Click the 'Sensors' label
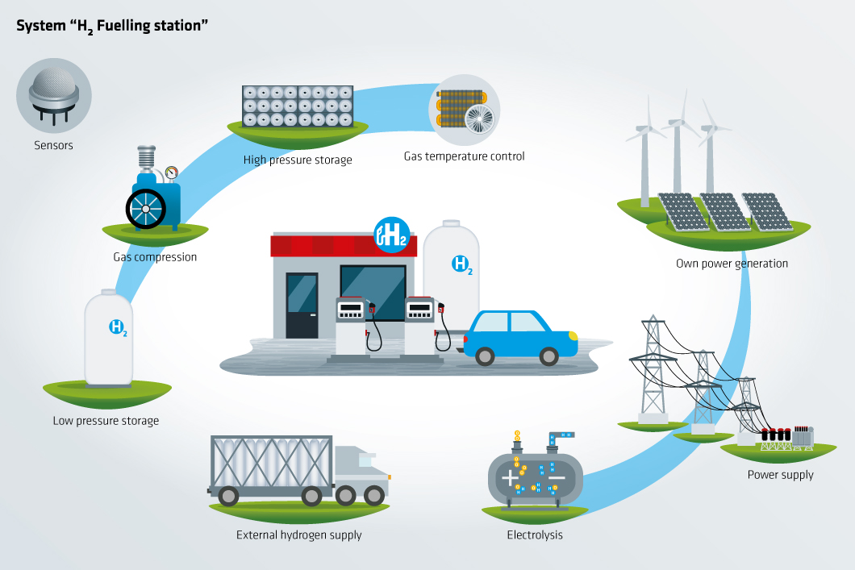[x=53, y=146]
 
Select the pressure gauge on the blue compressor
[x=170, y=173]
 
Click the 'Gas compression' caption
[x=155, y=257]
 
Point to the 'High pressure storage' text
[x=298, y=160]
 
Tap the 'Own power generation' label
[x=732, y=264]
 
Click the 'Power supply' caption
[x=780, y=475]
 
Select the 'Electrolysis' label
[x=535, y=535]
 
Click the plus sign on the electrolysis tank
[x=511, y=478]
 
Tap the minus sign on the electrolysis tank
[x=557, y=478]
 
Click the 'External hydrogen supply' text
[x=298, y=535]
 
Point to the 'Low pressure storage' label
[x=106, y=421]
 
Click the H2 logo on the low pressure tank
[x=118, y=327]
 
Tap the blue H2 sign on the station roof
[x=391, y=235]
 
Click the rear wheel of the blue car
[x=484, y=356]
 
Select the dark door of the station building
[x=302, y=306]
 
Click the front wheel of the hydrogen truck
[x=373, y=494]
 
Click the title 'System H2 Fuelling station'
[x=113, y=26]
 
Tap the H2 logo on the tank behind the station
[x=461, y=264]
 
